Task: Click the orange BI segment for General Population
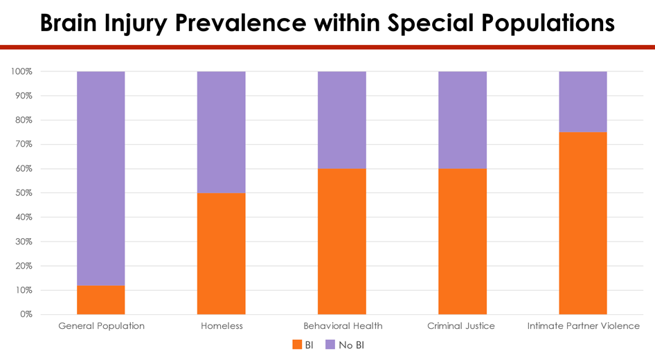pyautogui.click(x=101, y=300)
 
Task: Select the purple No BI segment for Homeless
pyautogui.click(x=222, y=132)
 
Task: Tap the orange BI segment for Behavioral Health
pyautogui.click(x=342, y=241)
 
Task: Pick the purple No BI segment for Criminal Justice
pyautogui.click(x=463, y=120)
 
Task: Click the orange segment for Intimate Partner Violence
pyautogui.click(x=583, y=223)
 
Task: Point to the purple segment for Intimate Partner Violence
pyautogui.click(x=583, y=102)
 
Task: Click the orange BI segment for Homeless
pyautogui.click(x=222, y=253)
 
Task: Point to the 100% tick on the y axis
pyautogui.click(x=21, y=71)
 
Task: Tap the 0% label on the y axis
pyautogui.click(x=26, y=314)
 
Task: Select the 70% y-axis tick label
pyautogui.click(x=23, y=144)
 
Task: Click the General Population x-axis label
pyautogui.click(x=101, y=325)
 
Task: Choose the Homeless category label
pyautogui.click(x=222, y=325)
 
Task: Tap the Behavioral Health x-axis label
pyautogui.click(x=343, y=325)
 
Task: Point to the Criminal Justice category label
pyautogui.click(x=461, y=325)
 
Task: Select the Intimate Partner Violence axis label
pyautogui.click(x=583, y=325)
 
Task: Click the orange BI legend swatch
pyautogui.click(x=298, y=345)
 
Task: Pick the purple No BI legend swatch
pyautogui.click(x=330, y=345)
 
